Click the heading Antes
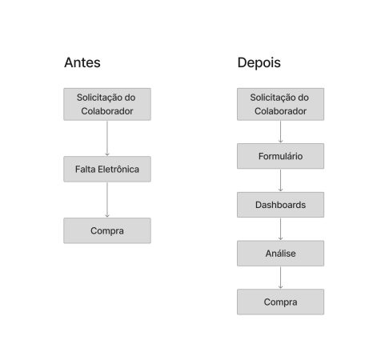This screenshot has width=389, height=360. click(82, 62)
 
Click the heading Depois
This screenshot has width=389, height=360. click(259, 63)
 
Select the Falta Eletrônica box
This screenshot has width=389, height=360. click(107, 169)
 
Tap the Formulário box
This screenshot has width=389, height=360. click(280, 156)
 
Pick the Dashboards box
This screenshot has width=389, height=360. click(280, 205)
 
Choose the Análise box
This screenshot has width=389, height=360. click(280, 253)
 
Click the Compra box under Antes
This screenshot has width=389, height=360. click(107, 230)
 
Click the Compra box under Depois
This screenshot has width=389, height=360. click(280, 302)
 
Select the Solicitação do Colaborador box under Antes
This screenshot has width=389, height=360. click(107, 104)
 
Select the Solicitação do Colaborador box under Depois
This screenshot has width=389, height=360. click(280, 104)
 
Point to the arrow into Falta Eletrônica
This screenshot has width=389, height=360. click(107, 138)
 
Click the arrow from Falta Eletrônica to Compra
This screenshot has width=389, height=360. click(107, 200)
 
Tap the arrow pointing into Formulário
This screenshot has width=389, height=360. click(280, 132)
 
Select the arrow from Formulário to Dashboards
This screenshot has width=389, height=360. click(280, 180)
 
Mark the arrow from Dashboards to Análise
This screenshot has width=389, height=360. click(280, 229)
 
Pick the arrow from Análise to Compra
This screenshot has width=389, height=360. click(280, 278)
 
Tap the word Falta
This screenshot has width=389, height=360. click(86, 169)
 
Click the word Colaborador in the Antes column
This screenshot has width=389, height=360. click(107, 111)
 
